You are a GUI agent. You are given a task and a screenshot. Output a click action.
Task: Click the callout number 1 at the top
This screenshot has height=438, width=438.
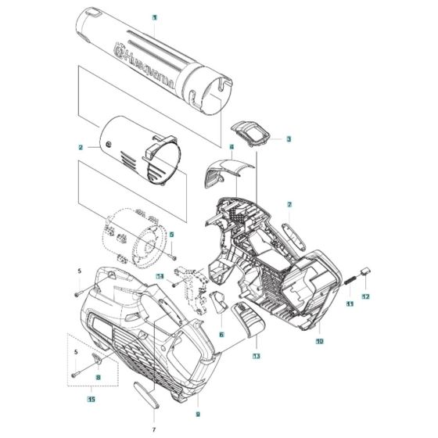point(155,16)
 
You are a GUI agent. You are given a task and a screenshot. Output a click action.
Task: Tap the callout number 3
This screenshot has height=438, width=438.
point(289,138)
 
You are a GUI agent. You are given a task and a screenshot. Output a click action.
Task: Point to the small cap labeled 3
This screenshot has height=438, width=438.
point(251,132)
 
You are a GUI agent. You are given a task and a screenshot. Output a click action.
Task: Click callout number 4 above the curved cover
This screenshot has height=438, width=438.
point(232,146)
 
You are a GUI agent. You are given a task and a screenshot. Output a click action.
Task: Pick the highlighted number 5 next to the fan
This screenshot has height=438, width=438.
point(172,235)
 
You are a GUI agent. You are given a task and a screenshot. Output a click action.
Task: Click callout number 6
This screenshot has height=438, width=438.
point(221,334)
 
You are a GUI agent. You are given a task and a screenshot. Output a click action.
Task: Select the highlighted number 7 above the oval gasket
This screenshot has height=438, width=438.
point(289,204)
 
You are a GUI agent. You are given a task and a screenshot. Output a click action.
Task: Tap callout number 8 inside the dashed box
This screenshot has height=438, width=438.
point(99,377)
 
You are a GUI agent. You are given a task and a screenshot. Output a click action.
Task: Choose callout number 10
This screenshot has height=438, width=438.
point(319,341)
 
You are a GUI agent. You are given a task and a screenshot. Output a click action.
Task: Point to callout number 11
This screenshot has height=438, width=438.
point(350,303)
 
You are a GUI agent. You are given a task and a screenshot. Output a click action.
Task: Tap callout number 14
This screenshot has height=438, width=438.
point(159,277)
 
